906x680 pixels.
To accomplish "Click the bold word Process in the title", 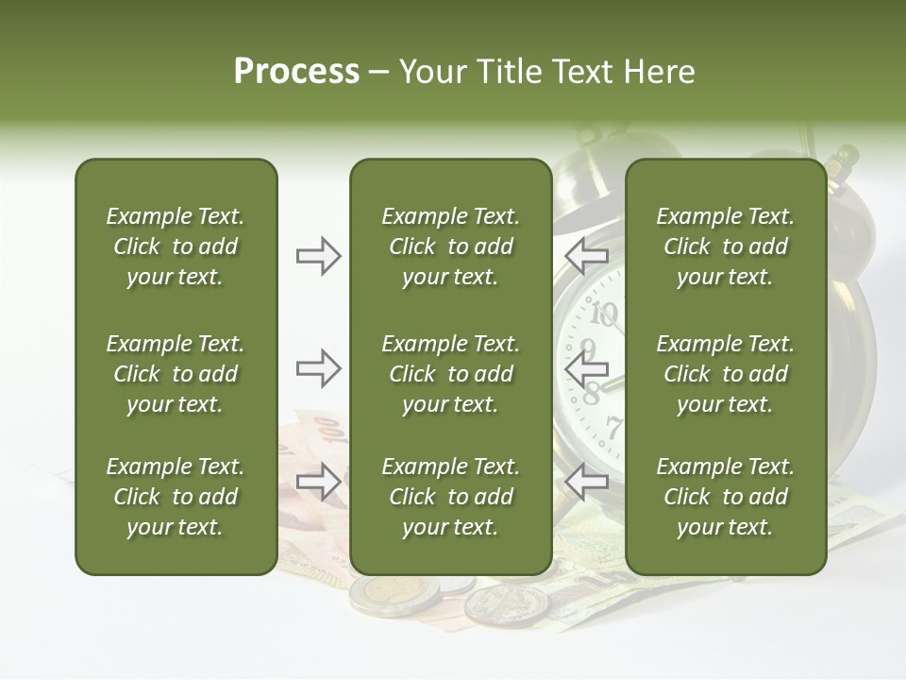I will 296,72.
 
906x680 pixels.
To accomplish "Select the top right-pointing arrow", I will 318,256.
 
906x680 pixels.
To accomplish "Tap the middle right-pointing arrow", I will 318,368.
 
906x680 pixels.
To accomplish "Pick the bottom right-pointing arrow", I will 318,482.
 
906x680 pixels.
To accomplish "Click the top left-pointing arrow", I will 586,256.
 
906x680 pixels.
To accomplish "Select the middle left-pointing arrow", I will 586,368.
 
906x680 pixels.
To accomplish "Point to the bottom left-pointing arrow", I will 586,482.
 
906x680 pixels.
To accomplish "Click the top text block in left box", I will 176,246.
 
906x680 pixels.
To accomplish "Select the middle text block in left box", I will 176,374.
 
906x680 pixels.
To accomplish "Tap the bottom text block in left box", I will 176,497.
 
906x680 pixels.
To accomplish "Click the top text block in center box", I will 450,246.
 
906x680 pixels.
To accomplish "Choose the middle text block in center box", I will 450,374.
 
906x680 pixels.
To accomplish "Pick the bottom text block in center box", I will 450,497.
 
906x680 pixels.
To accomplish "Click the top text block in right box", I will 725,246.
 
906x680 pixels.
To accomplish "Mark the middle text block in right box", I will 725,374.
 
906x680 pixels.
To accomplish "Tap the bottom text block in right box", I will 725,497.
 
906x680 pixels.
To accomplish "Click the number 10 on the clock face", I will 604,313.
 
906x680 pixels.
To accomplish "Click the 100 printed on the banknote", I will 330,430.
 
